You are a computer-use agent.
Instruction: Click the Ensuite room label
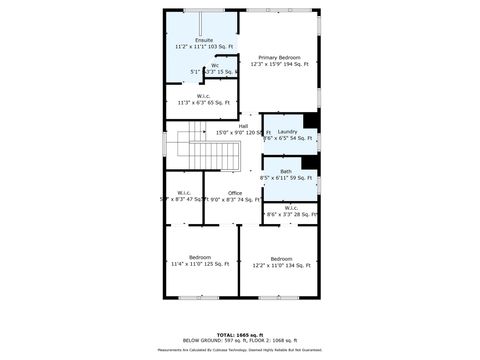tap(203, 40)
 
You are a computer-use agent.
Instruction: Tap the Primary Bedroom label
tap(279, 58)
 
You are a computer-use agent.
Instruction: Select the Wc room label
tap(214, 66)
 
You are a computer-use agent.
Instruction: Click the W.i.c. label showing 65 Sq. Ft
tap(203, 97)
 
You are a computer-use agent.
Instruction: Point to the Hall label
tap(242, 126)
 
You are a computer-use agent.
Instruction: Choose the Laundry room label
tap(287, 132)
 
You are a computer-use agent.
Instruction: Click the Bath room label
tap(286, 171)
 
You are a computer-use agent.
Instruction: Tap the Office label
tap(235, 193)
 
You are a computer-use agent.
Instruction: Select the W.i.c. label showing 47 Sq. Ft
tap(184, 193)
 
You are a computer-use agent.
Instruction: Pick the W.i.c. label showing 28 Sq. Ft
tap(291, 208)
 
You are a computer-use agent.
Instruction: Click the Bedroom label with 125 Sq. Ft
tap(199, 258)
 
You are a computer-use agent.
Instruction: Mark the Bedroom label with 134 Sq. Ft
tap(280, 258)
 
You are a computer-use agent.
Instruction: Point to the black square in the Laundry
tap(311, 121)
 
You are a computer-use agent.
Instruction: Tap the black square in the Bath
tap(311, 162)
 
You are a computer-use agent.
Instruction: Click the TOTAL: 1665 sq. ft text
tap(239, 333)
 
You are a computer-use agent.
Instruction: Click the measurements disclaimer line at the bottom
tap(239, 350)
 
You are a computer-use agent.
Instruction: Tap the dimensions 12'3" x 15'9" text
tap(263, 64)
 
